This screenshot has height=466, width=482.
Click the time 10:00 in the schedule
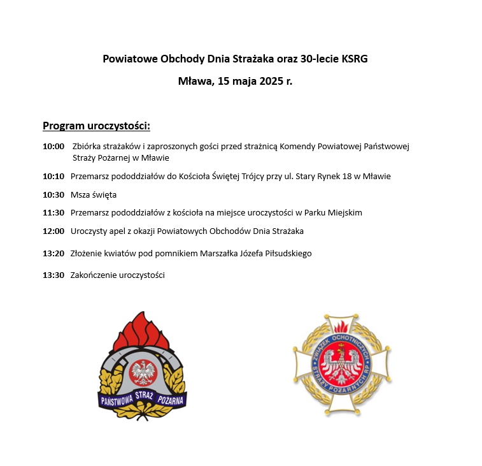click(53, 147)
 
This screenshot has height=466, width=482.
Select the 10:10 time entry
click(53, 176)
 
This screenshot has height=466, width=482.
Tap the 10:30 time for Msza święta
click(53, 194)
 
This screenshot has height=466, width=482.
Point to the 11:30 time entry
click(53, 212)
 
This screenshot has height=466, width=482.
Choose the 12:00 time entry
click(53, 231)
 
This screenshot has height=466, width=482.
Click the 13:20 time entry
click(53, 253)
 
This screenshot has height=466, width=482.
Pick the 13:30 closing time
click(53, 275)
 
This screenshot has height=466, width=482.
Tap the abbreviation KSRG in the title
click(355, 59)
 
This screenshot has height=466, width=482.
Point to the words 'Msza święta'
click(94, 194)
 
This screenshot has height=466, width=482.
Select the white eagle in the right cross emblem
click(342, 365)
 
